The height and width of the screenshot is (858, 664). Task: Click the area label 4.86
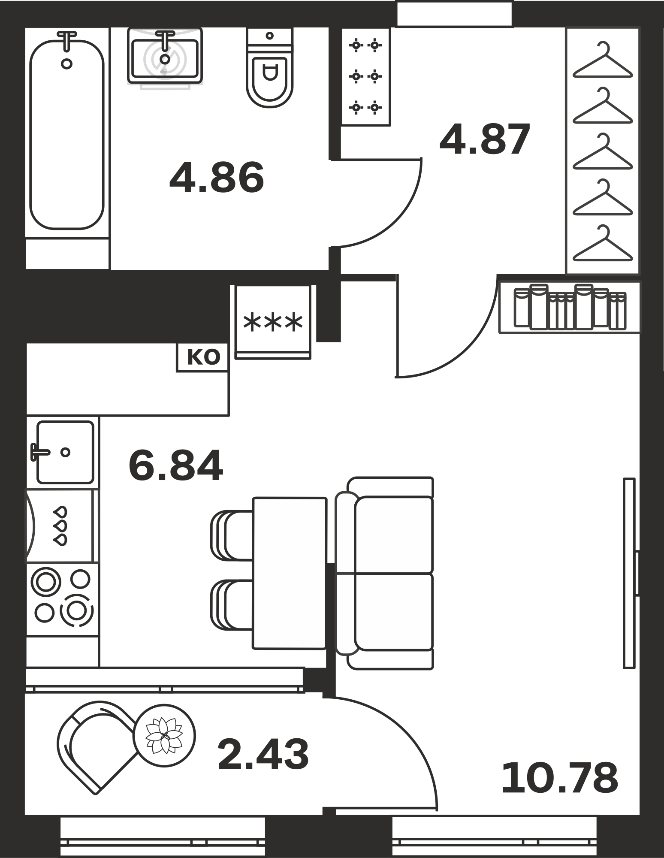coord(217,178)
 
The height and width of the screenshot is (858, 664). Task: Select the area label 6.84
coord(176,465)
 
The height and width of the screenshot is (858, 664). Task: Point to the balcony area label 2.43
coord(263,754)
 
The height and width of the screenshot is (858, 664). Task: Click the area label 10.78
coord(559,777)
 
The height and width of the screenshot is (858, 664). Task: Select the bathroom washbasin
coord(165,56)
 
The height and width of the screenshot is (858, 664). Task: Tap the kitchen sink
coord(63,452)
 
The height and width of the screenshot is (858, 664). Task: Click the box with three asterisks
coord(273,322)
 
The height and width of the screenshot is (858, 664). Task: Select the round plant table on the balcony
coord(164,735)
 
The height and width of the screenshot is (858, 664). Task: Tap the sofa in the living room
coord(384,573)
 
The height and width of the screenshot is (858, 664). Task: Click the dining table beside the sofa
coord(289,573)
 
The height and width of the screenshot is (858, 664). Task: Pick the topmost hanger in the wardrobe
coord(603,60)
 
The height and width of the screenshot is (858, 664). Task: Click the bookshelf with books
coord(570,307)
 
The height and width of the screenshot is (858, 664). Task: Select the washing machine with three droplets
coord(60,526)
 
